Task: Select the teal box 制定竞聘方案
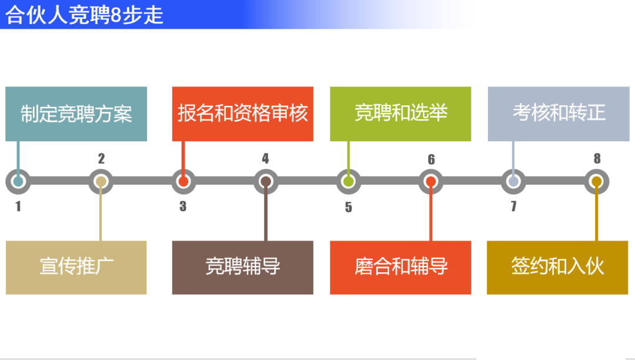[76, 114]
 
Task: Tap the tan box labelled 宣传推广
[76, 267]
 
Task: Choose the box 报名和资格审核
[242, 114]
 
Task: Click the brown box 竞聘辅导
[242, 267]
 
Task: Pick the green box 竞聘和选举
[400, 114]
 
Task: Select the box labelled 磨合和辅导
[400, 267]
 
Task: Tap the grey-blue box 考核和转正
[559, 114]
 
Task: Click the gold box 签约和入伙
[557, 267]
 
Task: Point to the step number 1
[18, 206]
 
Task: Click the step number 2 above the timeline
[101, 159]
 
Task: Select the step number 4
[266, 159]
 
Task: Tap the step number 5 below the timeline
[349, 207]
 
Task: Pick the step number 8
[597, 159]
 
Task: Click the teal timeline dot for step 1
[18, 182]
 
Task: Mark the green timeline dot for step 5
[349, 182]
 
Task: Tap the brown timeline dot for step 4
[266, 182]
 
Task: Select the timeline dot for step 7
[514, 182]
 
